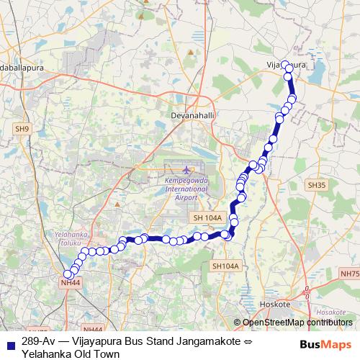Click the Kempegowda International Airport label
(186, 188)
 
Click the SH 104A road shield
(207, 217)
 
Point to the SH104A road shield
(225, 266)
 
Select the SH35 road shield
(317, 185)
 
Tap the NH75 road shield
(349, 274)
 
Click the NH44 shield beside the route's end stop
(70, 283)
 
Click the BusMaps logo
(325, 343)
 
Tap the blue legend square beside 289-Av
(9, 343)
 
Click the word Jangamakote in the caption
(204, 341)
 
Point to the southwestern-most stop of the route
(68, 274)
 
